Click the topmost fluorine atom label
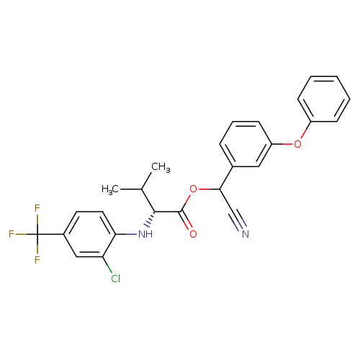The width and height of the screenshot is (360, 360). tap(37, 208)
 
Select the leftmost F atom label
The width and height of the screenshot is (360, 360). tap(12, 234)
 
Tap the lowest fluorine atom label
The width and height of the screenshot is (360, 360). tap(37, 260)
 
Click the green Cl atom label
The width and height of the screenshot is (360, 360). tap(116, 279)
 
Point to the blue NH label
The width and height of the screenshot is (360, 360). tap(145, 234)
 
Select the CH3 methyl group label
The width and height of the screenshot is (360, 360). tap(161, 167)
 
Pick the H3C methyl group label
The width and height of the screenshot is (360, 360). tap(110, 189)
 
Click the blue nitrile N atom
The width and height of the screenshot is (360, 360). tap(246, 234)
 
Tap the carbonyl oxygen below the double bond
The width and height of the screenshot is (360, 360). tap(193, 234)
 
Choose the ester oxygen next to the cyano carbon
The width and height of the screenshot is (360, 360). tap(193, 189)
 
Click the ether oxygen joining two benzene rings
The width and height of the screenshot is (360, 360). tap(297, 144)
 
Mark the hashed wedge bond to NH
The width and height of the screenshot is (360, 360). tap(150, 219)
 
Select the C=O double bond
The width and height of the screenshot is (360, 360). tap(186, 220)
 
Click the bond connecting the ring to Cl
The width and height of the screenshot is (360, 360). tap(107, 265)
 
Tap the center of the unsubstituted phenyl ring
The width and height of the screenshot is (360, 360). tap(323, 99)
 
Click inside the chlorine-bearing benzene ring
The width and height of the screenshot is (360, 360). tap(89, 234)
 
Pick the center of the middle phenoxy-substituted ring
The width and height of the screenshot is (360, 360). tap(246, 144)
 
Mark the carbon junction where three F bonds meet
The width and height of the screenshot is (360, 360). tap(37, 234)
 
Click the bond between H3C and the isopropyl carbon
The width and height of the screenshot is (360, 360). tap(131, 189)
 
